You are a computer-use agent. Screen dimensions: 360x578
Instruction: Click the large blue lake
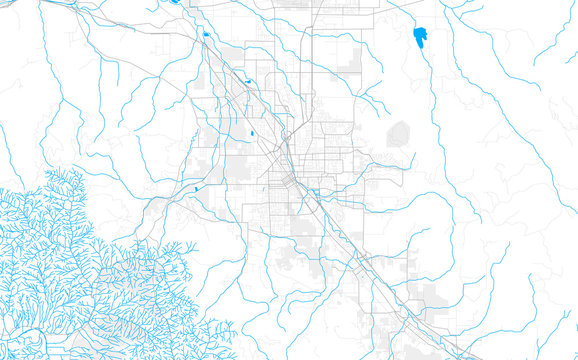click(420, 38)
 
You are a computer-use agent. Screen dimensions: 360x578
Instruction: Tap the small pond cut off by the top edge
click(174, 2)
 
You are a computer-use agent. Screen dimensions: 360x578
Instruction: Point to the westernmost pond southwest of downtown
click(198, 187)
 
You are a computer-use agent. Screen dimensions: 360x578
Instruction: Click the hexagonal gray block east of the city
click(398, 132)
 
